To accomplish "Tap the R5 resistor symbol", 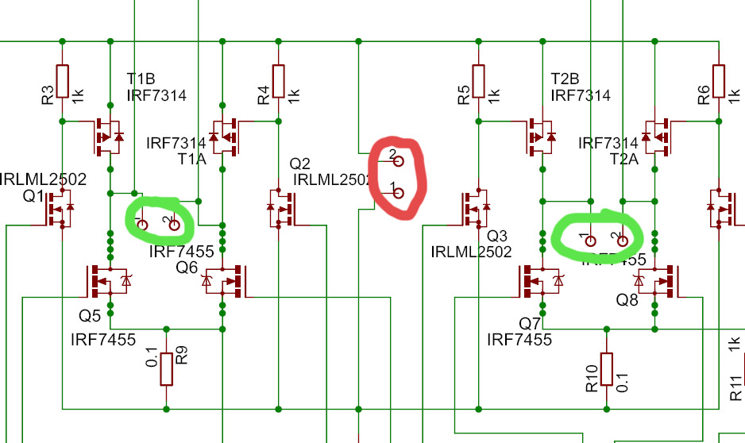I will (x=480, y=80).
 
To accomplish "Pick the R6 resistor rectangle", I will (x=719, y=80).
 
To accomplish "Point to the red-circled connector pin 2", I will (x=399, y=160).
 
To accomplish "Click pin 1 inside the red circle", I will (x=399, y=192).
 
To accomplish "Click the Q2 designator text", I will (x=300, y=164).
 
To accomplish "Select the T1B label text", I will (x=142, y=79).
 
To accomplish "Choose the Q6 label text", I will (x=187, y=268).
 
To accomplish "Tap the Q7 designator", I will (x=530, y=323).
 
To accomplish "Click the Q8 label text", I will (x=627, y=301).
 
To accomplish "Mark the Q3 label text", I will (x=496, y=236).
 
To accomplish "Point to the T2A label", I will (x=623, y=160).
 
